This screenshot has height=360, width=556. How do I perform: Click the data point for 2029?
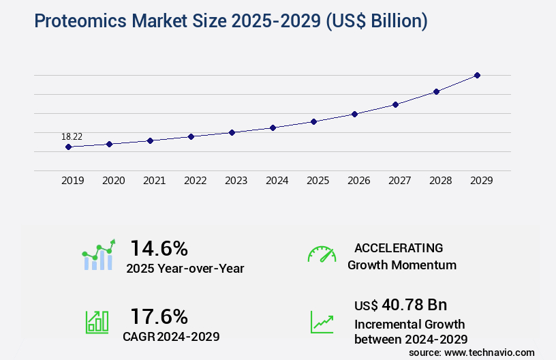[x=477, y=75]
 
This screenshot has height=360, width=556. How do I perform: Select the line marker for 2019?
[x=68, y=147]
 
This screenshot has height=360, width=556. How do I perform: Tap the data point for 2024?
[x=273, y=127]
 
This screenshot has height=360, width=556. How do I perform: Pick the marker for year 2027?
[x=395, y=104]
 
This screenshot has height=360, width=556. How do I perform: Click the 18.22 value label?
[x=72, y=137]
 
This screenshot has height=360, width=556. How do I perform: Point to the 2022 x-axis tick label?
[x=195, y=181]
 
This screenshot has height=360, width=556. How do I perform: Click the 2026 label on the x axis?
[x=358, y=181]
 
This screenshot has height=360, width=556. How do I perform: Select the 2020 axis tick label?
[x=113, y=181]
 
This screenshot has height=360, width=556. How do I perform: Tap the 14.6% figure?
[x=159, y=247]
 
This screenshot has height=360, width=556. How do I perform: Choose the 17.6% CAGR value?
[x=159, y=316]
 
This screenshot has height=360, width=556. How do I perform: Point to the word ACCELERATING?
[x=399, y=247]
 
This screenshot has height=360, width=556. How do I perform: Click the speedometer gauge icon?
[x=322, y=254]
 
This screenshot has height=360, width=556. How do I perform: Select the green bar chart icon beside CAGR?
[x=97, y=322]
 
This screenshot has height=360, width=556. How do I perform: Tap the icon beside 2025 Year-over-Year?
[x=99, y=255]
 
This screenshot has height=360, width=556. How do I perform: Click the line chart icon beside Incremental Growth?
[x=322, y=322]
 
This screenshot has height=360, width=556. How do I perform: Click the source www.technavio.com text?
[x=472, y=352]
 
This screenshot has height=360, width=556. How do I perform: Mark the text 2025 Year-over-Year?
[x=185, y=269]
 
